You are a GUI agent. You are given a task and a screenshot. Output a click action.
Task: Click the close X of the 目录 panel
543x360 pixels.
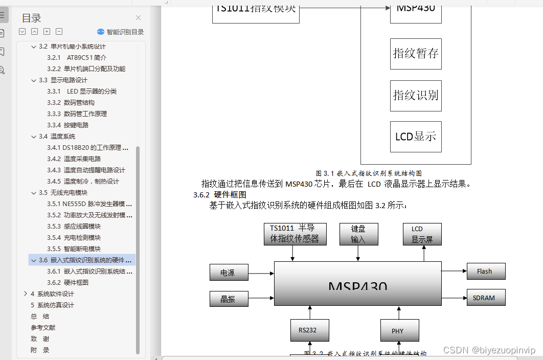(138, 18)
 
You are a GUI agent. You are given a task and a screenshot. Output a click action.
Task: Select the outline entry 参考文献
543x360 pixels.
(43, 328)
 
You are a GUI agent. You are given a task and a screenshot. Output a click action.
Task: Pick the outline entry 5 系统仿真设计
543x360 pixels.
(52, 305)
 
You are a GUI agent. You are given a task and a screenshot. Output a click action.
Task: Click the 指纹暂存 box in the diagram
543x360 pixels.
(416, 54)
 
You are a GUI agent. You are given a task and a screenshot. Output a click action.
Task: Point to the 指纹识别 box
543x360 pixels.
(416, 96)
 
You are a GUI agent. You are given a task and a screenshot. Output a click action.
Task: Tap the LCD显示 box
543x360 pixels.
(416, 137)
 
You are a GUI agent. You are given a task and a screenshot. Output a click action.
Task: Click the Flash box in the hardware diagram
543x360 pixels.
(486, 272)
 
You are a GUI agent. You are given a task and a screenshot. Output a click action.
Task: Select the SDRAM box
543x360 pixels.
(486, 298)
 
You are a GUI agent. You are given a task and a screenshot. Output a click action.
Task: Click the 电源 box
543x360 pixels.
(229, 273)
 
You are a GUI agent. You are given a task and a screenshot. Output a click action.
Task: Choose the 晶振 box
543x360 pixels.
(229, 299)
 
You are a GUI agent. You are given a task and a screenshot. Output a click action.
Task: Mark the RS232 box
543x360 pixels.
(309, 330)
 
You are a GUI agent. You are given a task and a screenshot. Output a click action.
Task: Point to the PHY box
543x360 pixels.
(399, 331)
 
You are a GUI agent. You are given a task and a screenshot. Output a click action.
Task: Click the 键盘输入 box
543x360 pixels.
(359, 234)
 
